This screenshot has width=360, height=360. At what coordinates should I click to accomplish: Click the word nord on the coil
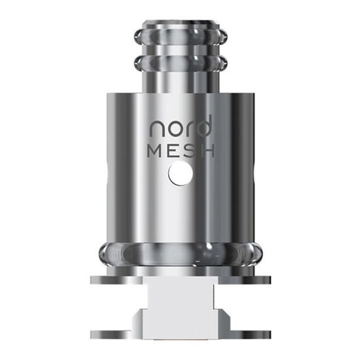180,126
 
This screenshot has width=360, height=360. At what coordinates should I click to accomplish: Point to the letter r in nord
187,127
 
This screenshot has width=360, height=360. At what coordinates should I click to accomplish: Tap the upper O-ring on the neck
179,38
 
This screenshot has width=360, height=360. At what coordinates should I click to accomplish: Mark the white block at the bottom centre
179,308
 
